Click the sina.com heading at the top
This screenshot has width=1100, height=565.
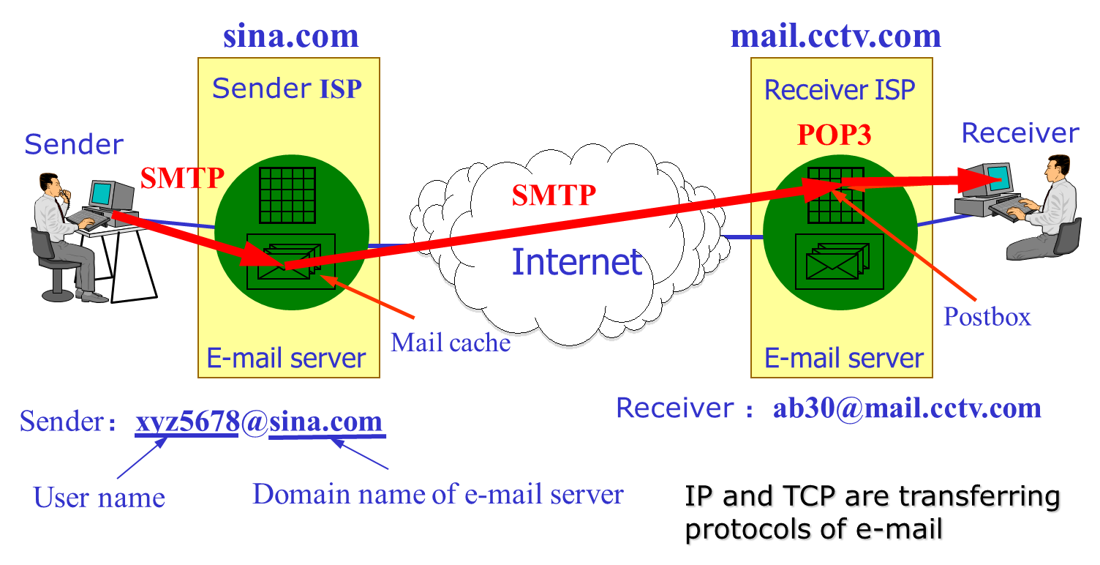tap(290, 36)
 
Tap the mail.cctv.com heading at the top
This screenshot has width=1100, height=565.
tap(835, 36)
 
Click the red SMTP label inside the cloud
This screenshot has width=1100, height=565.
tap(554, 195)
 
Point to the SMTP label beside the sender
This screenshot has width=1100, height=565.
tap(181, 177)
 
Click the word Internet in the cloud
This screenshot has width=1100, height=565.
tap(576, 262)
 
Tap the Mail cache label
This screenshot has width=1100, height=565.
tap(450, 342)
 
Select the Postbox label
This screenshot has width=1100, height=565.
tap(987, 316)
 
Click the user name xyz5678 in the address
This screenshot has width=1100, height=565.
tap(187, 422)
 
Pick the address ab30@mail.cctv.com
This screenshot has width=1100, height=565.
tap(906, 408)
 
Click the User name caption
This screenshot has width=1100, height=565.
tap(99, 498)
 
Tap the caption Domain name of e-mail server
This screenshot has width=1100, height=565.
tap(437, 494)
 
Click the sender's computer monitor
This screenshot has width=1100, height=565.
tap(102, 194)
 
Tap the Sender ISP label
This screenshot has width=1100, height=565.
tap(287, 89)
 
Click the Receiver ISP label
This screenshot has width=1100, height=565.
tap(839, 90)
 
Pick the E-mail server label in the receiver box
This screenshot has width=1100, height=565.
tap(843, 359)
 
